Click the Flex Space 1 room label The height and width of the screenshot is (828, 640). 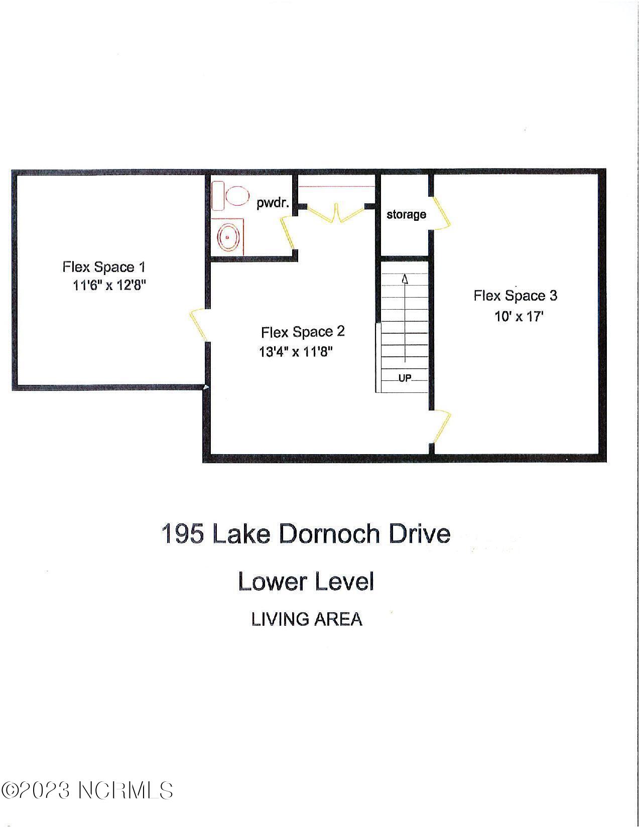point(104,267)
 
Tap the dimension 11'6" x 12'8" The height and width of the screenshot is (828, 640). point(109,286)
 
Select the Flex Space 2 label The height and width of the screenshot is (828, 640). point(303,332)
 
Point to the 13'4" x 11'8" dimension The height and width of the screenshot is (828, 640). point(296,352)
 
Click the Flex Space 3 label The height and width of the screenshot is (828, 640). point(515,296)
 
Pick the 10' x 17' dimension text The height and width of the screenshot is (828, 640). point(519,317)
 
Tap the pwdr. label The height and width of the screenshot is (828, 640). point(273,203)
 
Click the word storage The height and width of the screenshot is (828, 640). point(406,214)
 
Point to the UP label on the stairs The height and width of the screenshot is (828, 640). point(405,378)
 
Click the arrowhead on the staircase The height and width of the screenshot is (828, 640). point(405,279)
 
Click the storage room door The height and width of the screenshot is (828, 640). point(442,213)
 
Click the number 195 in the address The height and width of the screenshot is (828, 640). point(183,533)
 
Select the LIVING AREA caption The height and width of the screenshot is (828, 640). point(306,619)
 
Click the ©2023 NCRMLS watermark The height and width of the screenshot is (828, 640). point(87,791)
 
